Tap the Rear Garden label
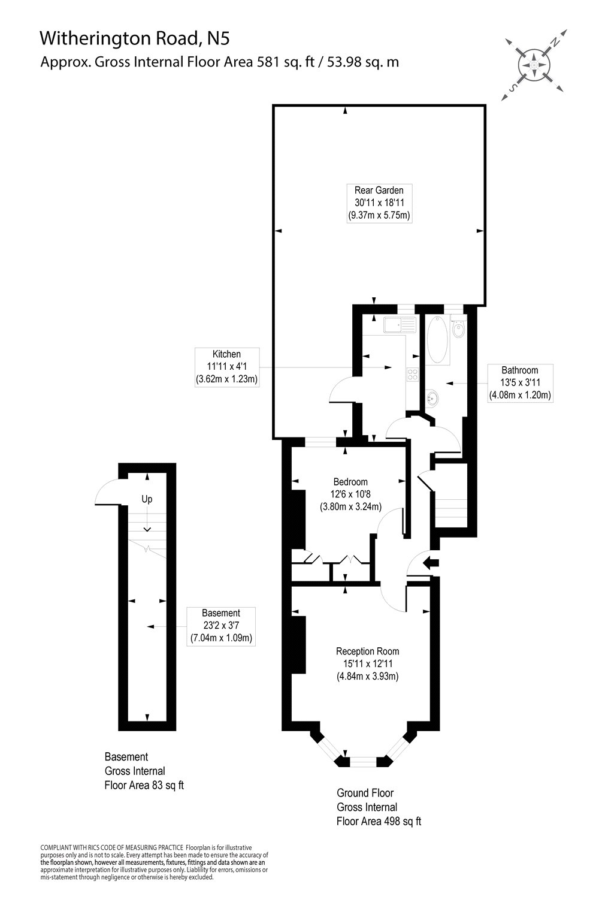pos(379,203)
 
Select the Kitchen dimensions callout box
pos(226,366)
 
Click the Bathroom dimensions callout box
pos(520,382)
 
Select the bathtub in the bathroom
pos(438,340)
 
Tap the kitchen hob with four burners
pos(413,375)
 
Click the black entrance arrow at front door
pos(431,562)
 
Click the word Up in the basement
pos(147,499)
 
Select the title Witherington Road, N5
pos(134,39)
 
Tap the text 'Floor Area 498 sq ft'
pos(379,821)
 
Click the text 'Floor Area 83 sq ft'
pos(144,785)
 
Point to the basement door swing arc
pos(105,493)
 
